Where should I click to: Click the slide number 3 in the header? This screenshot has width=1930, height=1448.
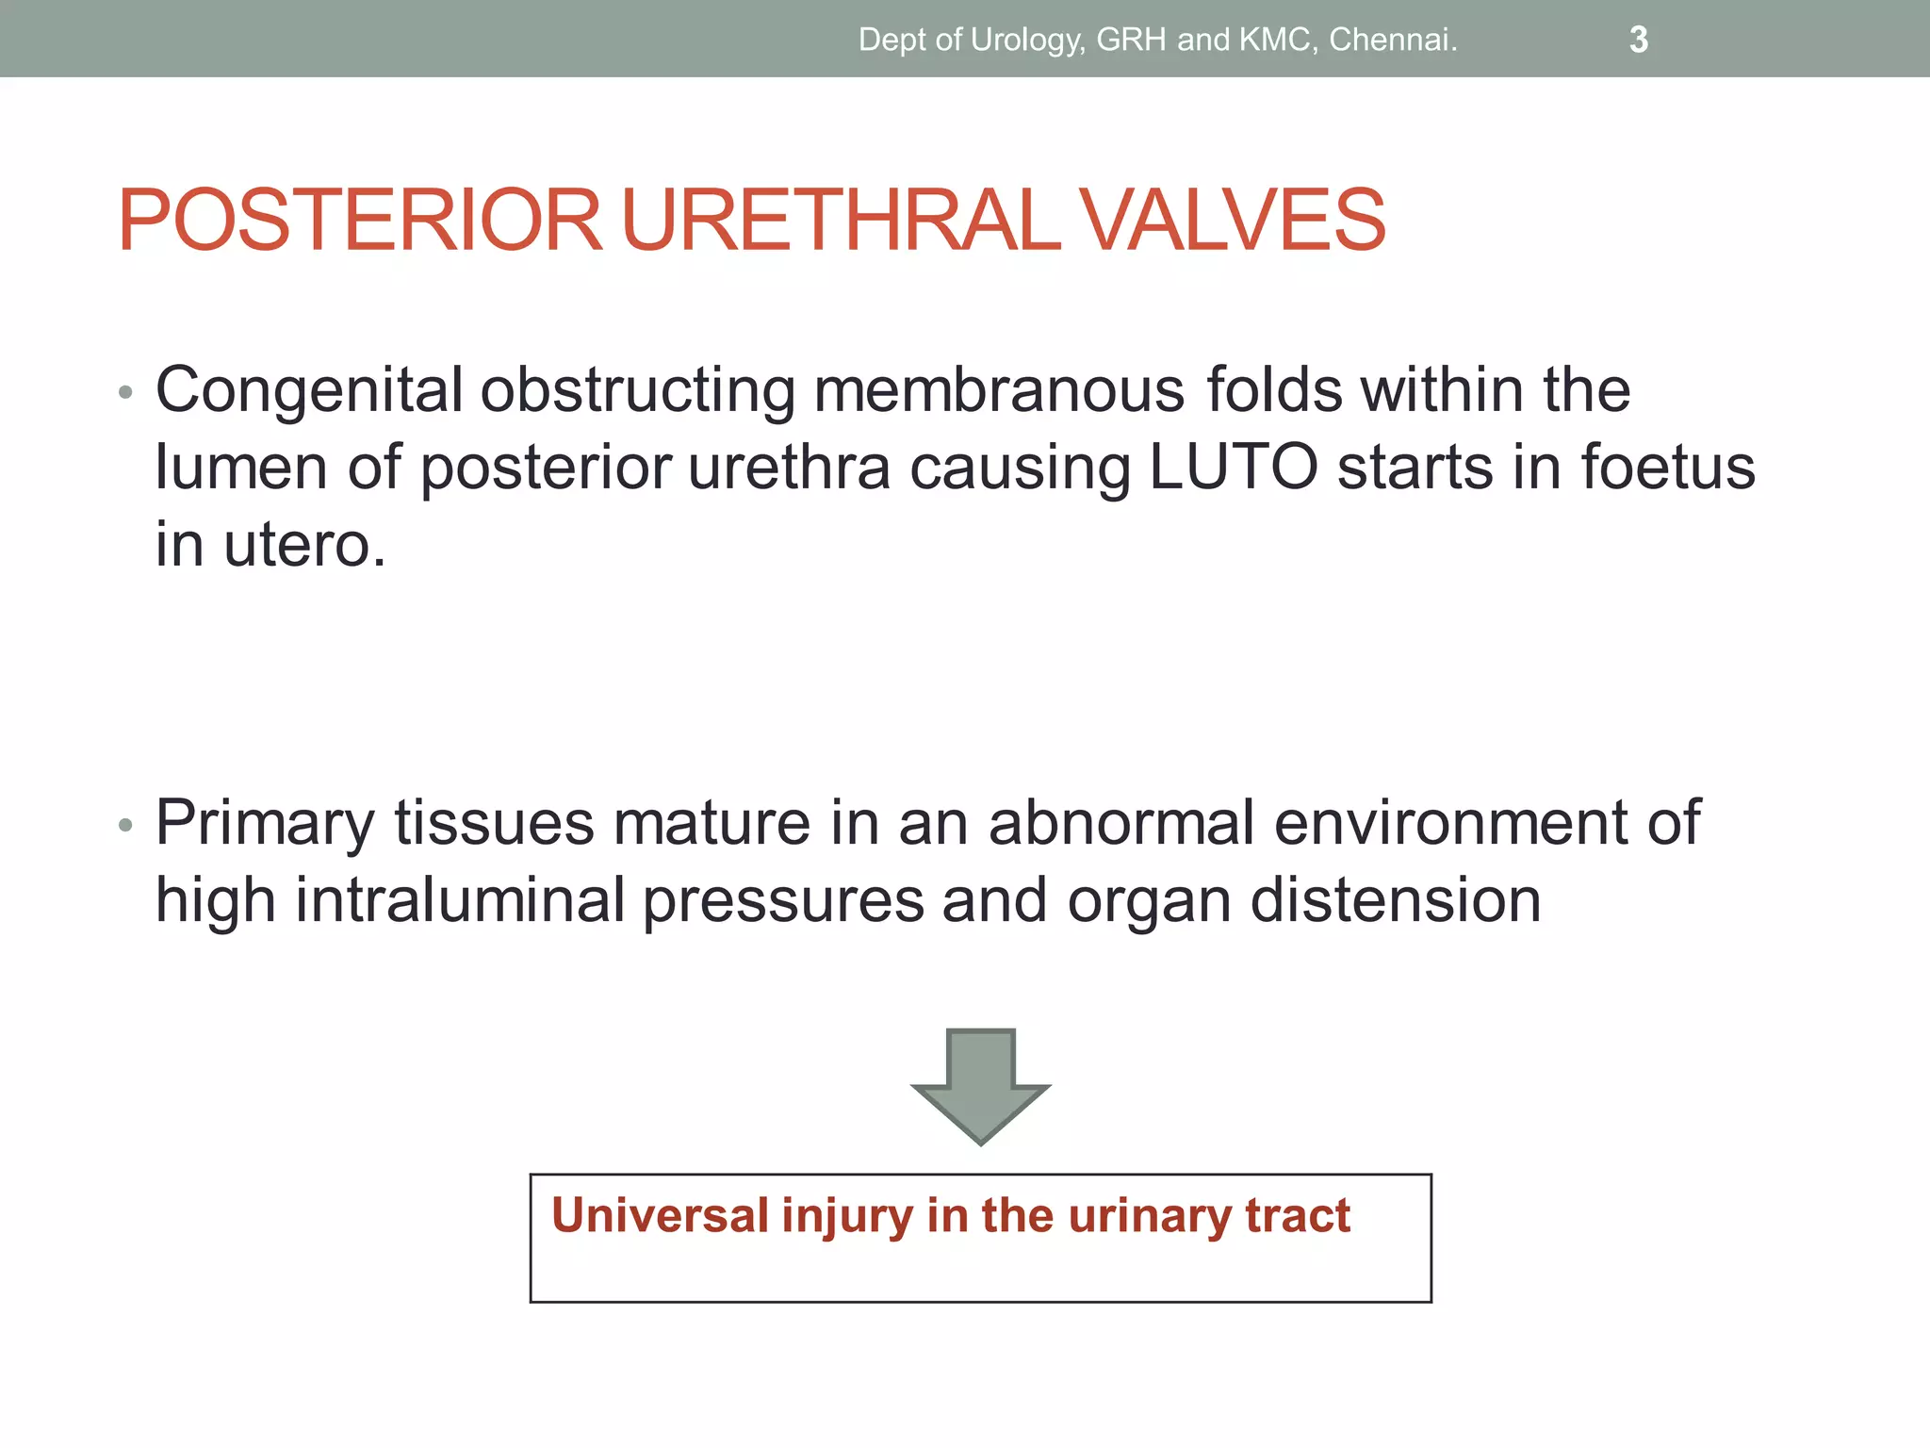(1638, 40)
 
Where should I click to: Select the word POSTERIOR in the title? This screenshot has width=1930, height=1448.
(359, 221)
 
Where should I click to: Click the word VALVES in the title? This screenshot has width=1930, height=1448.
(1232, 221)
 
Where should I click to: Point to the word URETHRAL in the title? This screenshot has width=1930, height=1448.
(841, 221)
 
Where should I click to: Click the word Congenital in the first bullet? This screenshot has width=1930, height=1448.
(309, 390)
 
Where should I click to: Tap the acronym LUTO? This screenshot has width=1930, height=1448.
(1234, 468)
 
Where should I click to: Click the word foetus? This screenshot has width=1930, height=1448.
(1667, 468)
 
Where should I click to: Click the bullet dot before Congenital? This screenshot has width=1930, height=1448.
(126, 393)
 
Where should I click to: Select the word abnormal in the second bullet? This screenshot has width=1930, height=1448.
(1121, 823)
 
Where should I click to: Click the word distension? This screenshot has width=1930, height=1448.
(1396, 900)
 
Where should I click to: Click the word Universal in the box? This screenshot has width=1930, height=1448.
(660, 1215)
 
